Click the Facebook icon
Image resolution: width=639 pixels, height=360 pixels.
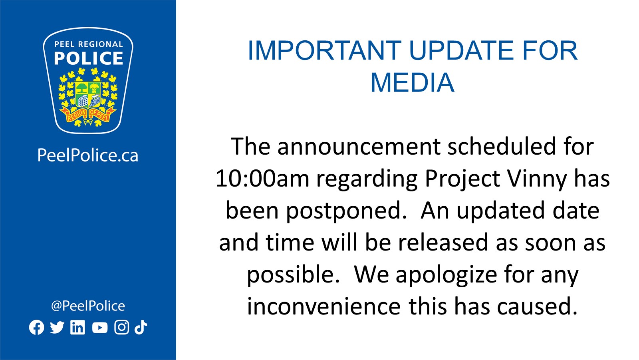[36, 327]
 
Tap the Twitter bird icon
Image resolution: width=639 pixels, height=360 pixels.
[57, 328]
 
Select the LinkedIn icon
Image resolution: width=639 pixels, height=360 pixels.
[77, 327]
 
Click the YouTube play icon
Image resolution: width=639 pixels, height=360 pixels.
[100, 328]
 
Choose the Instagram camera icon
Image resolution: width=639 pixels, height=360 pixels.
[122, 327]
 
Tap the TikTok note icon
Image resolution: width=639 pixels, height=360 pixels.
[141, 327]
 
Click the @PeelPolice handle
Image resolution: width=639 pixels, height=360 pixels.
[88, 306]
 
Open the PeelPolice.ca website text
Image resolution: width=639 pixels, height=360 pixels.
[88, 155]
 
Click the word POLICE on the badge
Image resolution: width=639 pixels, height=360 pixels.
[88, 58]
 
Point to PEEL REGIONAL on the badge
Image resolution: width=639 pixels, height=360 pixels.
[88, 44]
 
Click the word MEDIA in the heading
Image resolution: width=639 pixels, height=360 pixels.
[412, 82]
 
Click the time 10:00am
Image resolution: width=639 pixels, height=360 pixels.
[262, 179]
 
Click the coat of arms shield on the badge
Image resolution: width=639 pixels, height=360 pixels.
[88, 95]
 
